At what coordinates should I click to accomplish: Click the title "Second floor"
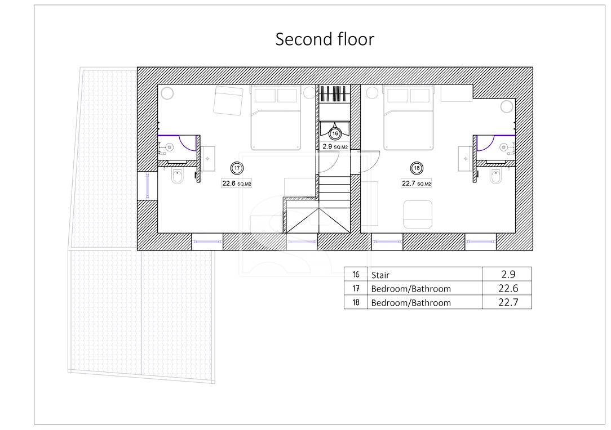click(x=325, y=39)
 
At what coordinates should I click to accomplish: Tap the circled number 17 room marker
click(x=237, y=168)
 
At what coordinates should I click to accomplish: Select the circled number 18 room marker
click(x=417, y=168)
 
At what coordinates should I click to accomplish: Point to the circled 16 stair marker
click(x=335, y=133)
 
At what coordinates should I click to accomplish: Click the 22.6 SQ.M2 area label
click(x=237, y=183)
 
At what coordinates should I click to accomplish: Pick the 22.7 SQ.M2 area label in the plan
click(x=417, y=183)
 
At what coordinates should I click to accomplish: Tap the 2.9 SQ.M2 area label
click(x=335, y=147)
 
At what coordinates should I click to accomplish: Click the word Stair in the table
click(x=380, y=275)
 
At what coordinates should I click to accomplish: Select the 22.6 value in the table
click(x=508, y=288)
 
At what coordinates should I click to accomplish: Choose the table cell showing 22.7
click(x=508, y=302)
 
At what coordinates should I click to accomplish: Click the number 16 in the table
click(x=356, y=274)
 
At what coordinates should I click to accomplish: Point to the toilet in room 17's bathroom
click(x=177, y=177)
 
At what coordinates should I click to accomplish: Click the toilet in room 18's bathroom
click(x=496, y=177)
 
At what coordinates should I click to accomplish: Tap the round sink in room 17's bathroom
click(x=169, y=147)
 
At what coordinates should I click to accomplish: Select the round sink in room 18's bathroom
click(x=504, y=147)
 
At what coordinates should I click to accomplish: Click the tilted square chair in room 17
click(x=228, y=101)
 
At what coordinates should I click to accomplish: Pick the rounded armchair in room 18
click(x=418, y=214)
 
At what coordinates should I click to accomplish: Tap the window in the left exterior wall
click(x=147, y=186)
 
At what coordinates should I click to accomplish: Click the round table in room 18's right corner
click(x=507, y=106)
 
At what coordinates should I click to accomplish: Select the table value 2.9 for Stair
click(x=508, y=274)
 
